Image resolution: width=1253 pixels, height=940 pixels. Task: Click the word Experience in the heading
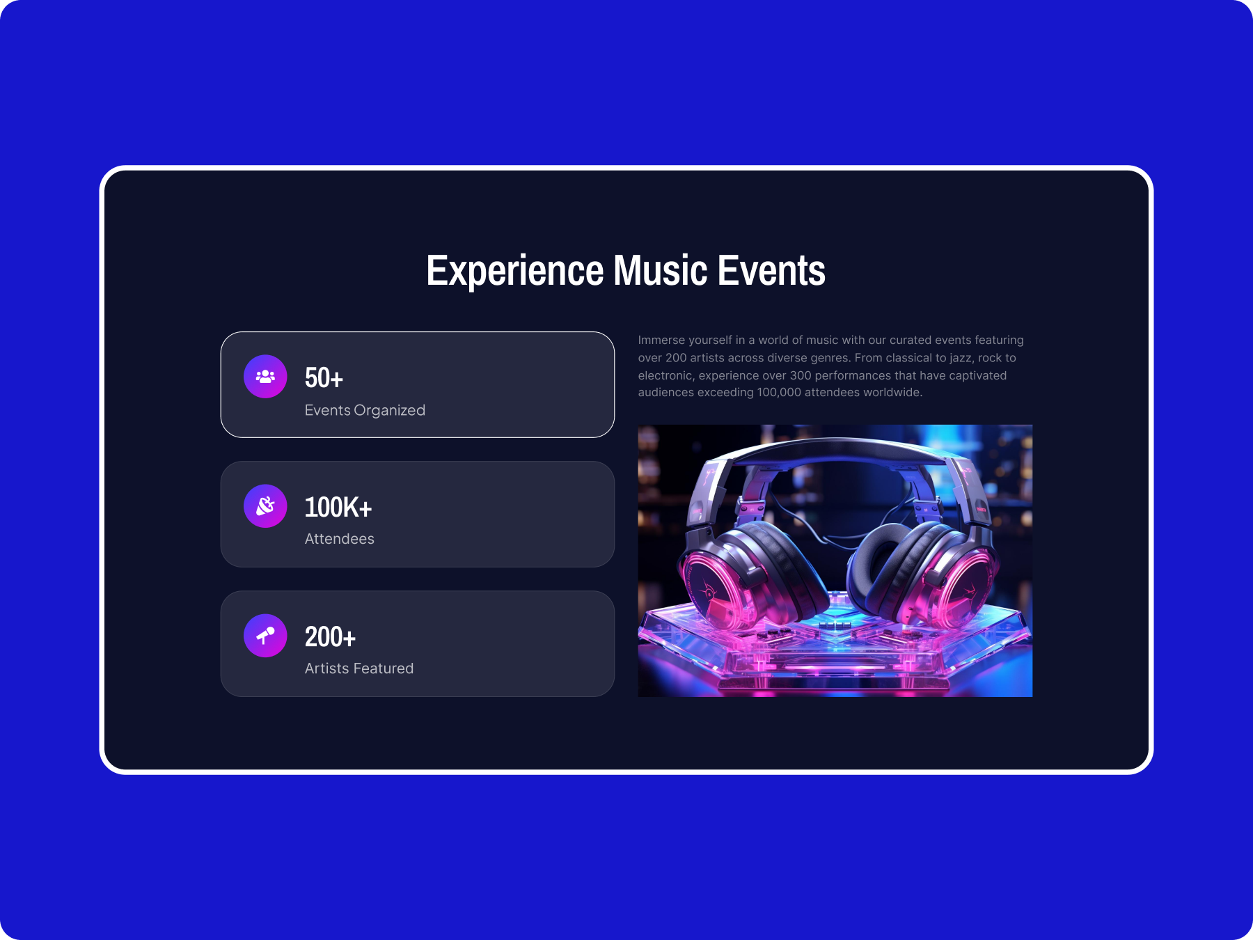click(x=515, y=271)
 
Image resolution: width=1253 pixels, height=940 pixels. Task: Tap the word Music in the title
click(x=661, y=270)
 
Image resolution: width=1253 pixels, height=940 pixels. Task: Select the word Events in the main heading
click(x=771, y=270)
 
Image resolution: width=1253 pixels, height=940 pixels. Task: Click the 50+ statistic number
click(x=324, y=378)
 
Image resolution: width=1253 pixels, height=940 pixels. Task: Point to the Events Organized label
click(x=365, y=410)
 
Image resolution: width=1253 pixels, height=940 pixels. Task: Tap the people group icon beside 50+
click(x=265, y=377)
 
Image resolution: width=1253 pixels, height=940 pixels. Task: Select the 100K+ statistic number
click(x=338, y=508)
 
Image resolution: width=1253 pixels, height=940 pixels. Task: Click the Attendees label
click(x=340, y=539)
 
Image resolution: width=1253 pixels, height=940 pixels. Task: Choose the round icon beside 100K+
click(x=265, y=506)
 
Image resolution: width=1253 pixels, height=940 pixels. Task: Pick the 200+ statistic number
click(x=330, y=637)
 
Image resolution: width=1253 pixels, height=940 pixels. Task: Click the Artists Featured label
click(x=359, y=668)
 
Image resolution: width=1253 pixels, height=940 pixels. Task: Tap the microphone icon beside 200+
click(x=265, y=636)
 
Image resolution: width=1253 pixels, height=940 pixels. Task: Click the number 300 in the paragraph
click(x=801, y=375)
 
